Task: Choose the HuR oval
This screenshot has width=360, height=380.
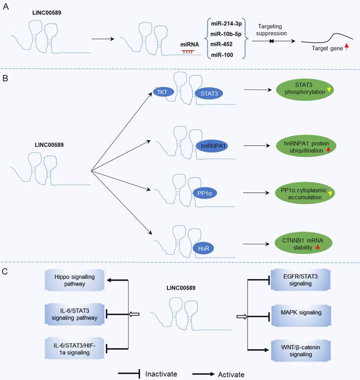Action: (x=202, y=248)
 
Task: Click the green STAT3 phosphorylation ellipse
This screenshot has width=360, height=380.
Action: (x=306, y=90)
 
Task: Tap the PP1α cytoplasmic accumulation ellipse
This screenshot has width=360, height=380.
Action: (x=306, y=193)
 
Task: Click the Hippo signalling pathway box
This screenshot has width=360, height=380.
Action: (x=74, y=281)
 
